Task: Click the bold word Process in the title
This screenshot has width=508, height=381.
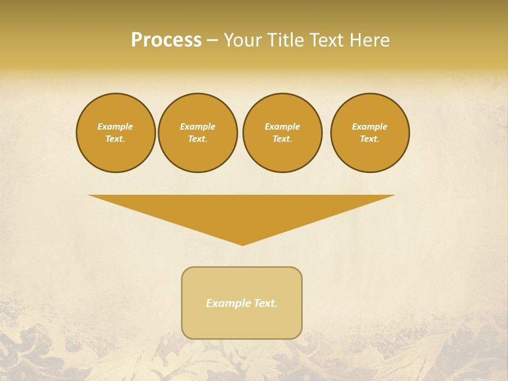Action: [x=166, y=40]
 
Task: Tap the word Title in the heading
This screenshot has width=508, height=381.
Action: [x=286, y=40]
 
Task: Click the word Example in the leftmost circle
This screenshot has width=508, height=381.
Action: [x=115, y=126]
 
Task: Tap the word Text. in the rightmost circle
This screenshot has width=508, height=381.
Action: [x=370, y=139]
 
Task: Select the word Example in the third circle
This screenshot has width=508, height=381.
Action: [x=283, y=126]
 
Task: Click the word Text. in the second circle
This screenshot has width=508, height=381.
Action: [x=198, y=139]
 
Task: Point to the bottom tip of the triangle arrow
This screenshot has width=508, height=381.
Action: [x=242, y=244]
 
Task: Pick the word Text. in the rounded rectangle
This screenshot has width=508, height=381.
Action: [x=266, y=303]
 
